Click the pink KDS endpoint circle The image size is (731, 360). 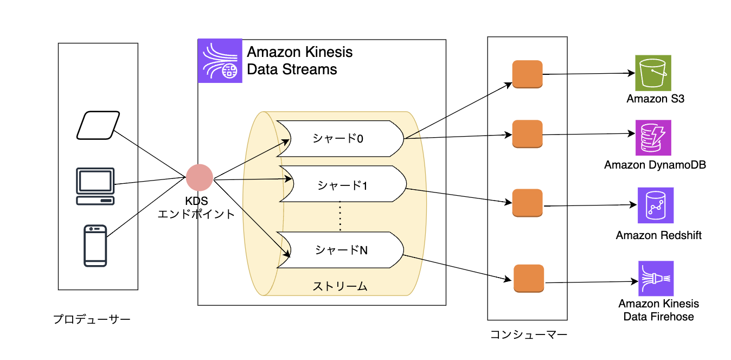200,178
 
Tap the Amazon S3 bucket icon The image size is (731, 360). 653,73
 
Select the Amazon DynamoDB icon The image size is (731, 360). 653,138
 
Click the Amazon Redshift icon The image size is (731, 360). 656,205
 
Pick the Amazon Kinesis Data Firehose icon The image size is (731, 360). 656,279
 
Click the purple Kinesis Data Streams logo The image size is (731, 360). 220,61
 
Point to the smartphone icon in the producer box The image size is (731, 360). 95,246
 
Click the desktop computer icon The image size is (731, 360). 95,186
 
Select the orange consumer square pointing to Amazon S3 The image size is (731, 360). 528,74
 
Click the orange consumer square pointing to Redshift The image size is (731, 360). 528,203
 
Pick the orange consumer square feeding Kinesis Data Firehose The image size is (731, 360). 529,279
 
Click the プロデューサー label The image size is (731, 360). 92,319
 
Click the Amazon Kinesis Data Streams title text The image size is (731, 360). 299,61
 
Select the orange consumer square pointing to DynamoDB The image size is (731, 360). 528,134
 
